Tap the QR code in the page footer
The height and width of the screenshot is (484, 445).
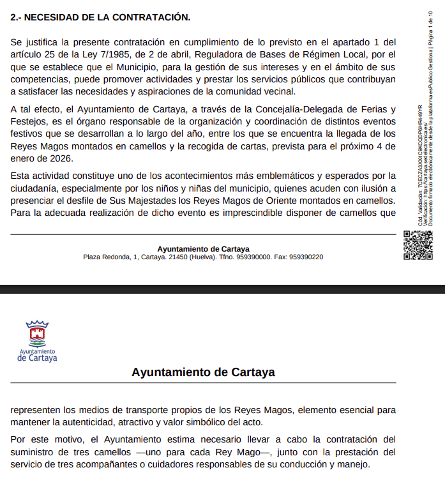tap(418, 245)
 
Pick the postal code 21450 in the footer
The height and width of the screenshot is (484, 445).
tap(176, 257)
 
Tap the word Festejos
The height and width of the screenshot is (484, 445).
tap(28, 121)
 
